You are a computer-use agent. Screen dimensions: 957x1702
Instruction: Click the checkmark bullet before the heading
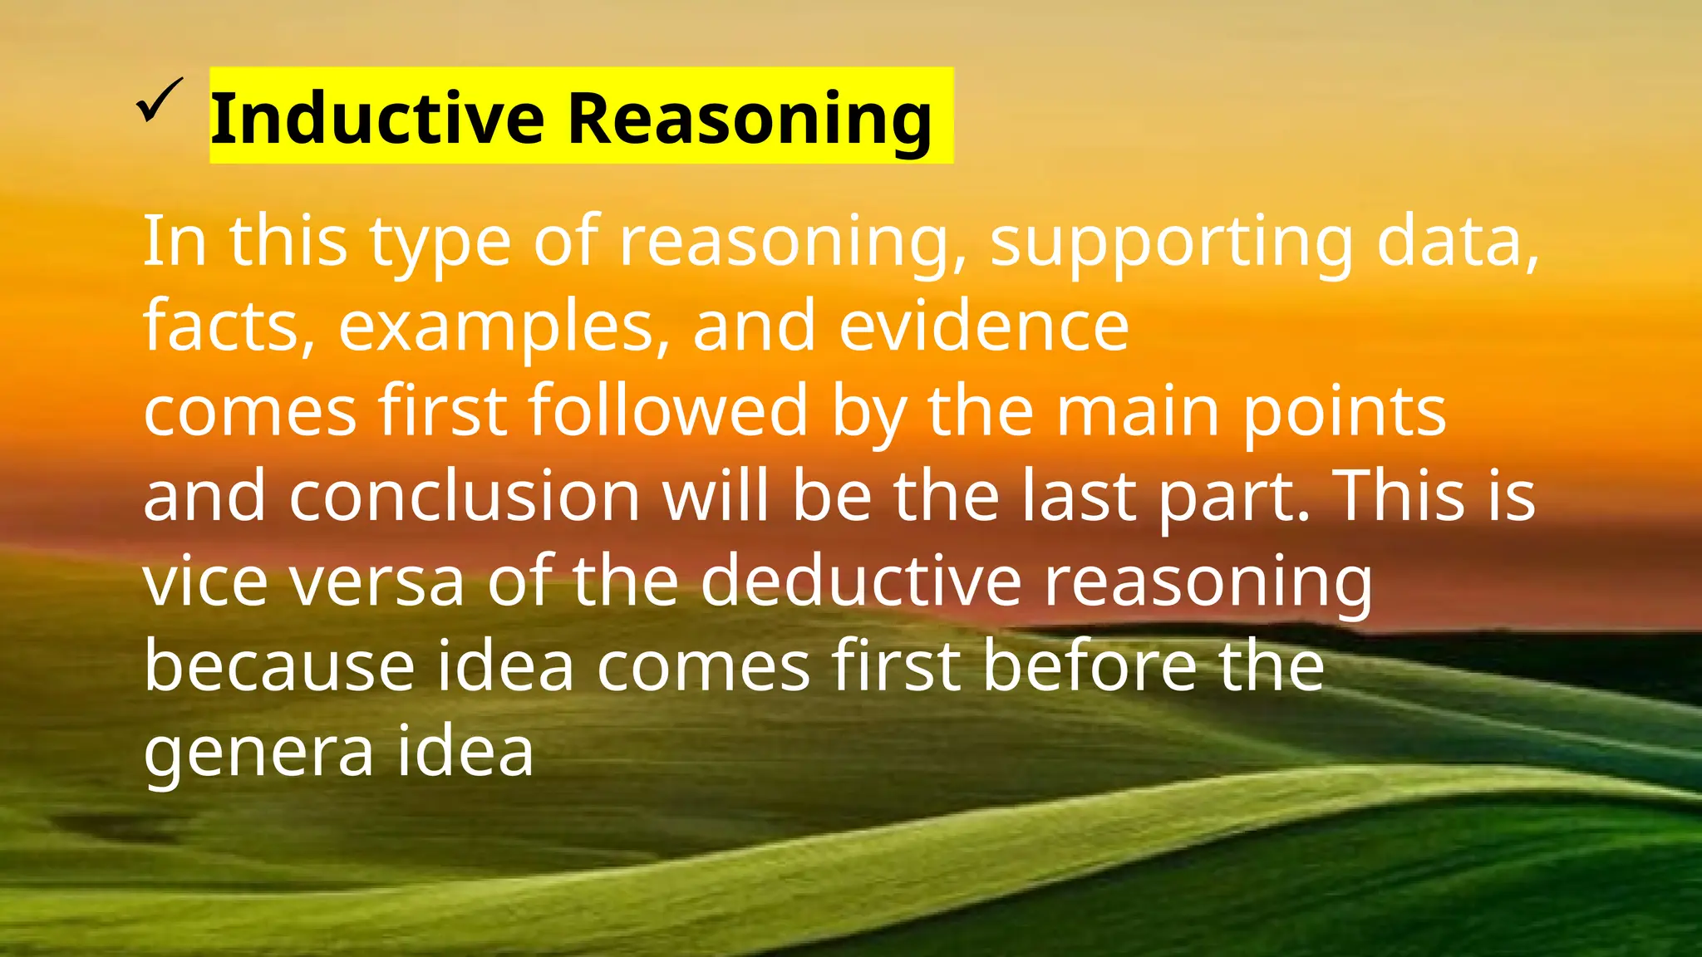point(159,101)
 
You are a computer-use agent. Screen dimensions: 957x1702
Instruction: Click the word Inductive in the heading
point(376,118)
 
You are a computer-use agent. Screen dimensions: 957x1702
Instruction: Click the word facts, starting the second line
point(229,326)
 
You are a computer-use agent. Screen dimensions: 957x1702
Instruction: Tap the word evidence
point(984,326)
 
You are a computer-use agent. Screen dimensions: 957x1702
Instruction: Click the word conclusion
point(464,496)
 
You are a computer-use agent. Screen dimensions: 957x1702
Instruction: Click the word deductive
point(860,581)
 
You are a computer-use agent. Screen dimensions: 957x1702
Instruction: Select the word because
point(279,666)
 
